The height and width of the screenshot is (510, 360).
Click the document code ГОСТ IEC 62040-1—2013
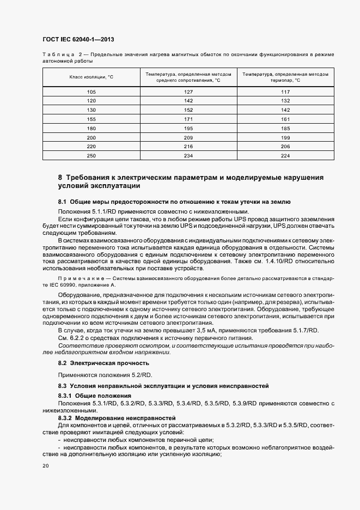(77, 40)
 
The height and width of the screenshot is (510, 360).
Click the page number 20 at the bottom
(45, 466)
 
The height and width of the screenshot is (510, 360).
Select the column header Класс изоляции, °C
(91, 77)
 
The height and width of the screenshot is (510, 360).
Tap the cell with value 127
(188, 92)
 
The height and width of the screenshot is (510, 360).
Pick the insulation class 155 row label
(91, 118)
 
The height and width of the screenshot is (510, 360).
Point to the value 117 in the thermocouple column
(285, 92)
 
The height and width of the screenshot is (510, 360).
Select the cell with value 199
(285, 137)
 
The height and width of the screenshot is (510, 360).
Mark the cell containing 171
(188, 118)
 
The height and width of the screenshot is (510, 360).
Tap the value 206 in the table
(285, 146)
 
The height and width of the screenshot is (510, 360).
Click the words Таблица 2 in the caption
(63, 55)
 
